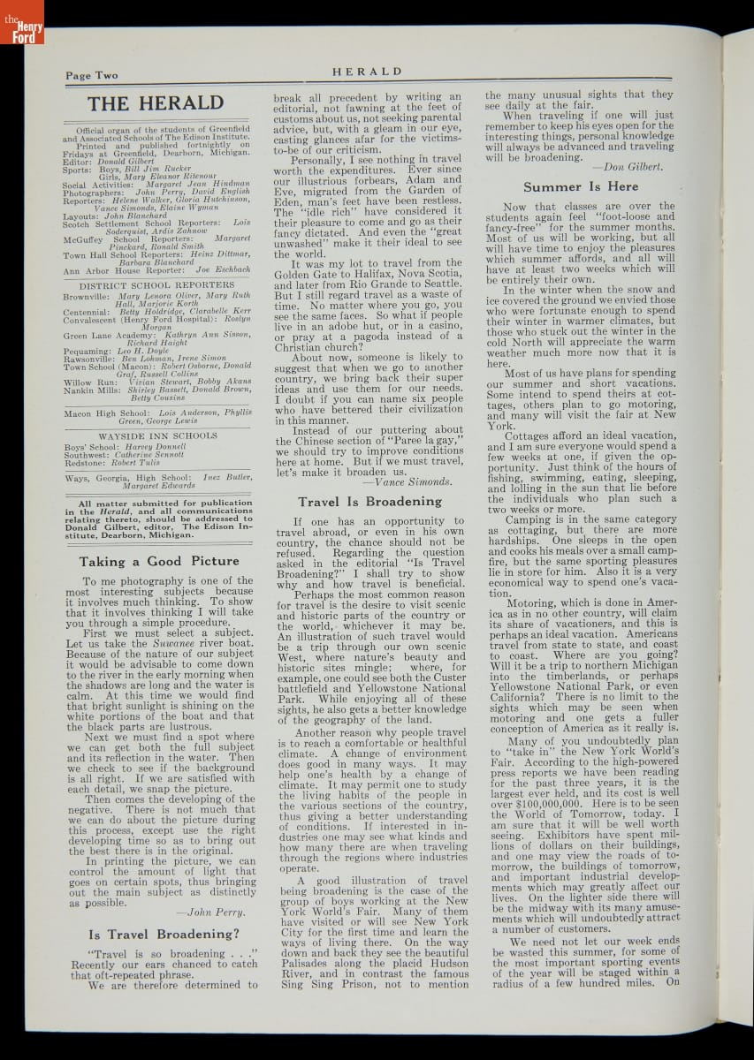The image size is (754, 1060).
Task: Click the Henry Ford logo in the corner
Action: (21, 23)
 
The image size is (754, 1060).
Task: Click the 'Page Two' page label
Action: (91, 76)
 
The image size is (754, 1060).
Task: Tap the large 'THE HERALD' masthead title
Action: (156, 103)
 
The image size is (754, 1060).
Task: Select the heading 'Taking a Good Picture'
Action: (159, 561)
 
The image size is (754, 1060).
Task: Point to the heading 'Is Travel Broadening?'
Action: (164, 934)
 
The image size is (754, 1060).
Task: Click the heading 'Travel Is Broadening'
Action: (369, 502)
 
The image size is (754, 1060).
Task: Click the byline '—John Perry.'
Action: (209, 912)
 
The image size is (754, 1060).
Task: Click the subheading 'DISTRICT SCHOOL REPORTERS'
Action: (157, 285)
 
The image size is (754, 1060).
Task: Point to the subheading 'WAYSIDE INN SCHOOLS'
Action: (157, 435)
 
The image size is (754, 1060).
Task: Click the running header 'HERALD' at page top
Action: (367, 72)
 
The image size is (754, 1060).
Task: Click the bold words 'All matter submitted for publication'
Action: (158, 503)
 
